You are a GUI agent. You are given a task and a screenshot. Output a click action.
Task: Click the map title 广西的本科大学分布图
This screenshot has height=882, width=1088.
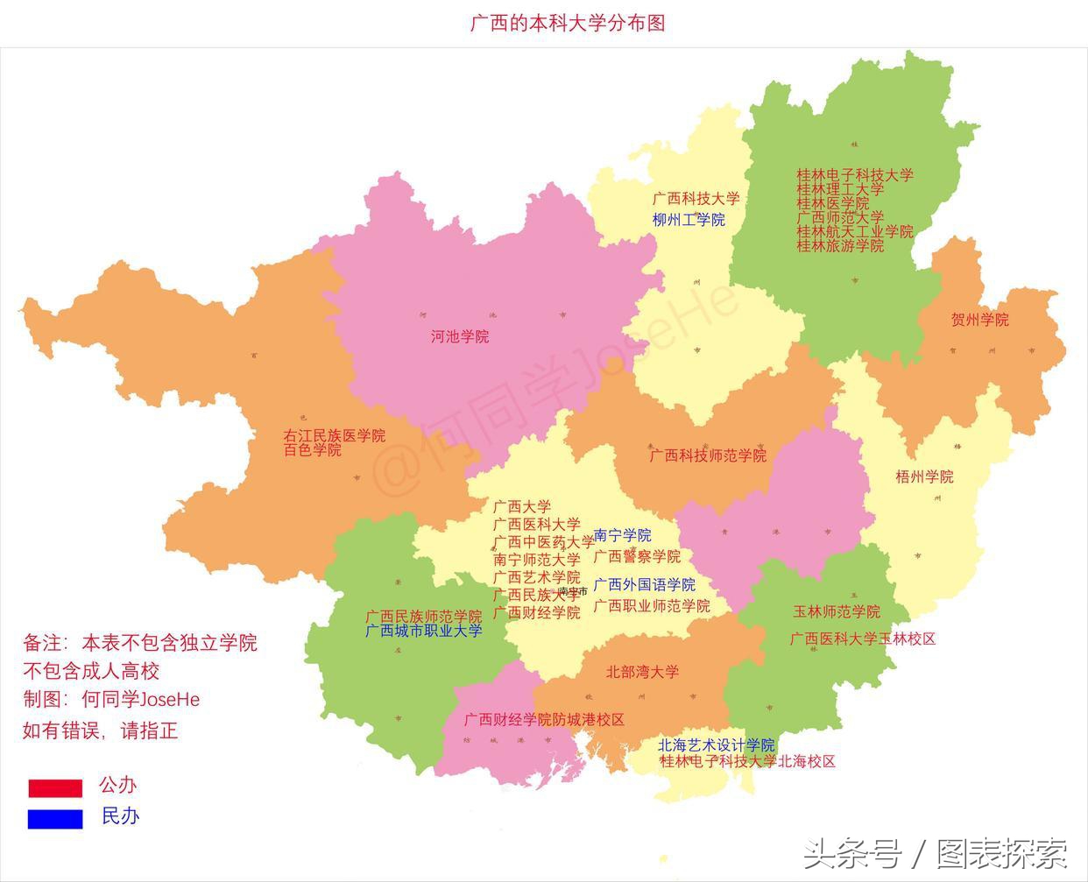coord(568,22)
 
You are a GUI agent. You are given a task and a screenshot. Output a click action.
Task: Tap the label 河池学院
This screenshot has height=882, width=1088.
coord(460,336)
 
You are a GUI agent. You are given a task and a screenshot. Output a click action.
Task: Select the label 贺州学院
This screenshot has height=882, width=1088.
coord(979,320)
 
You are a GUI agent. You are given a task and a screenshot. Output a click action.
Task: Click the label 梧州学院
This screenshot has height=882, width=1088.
coord(924,476)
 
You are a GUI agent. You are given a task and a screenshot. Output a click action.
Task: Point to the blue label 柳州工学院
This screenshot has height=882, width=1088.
coord(689,220)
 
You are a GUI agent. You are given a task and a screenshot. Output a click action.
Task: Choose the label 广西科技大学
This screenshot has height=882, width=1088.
coord(696,199)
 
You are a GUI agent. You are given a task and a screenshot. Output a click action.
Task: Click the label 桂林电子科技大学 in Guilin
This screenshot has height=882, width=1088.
coord(854,175)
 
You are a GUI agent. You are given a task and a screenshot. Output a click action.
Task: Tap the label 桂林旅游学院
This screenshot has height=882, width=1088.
coord(839,246)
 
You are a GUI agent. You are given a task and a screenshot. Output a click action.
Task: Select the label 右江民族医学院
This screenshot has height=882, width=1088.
coord(334,435)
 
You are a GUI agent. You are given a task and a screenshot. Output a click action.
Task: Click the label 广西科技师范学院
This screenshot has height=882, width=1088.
coord(708,455)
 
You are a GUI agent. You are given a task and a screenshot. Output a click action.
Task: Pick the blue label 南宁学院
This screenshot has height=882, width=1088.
coord(622,535)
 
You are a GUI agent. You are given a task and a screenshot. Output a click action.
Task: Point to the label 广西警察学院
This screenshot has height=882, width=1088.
coord(637,556)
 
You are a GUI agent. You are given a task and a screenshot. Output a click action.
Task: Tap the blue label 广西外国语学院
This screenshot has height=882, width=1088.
coord(644,584)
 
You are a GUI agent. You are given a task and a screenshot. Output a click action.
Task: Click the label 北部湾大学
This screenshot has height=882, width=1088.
coord(642,672)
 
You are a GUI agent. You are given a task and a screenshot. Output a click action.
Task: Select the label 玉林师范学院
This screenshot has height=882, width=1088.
coord(837,611)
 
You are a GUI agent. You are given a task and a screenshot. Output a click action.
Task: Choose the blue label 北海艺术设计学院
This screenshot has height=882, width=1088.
coord(716,745)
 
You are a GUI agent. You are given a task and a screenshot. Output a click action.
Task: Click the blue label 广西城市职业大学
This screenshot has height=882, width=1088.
coord(423,631)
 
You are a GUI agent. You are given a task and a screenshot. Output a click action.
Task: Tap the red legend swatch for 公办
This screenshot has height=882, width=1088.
coord(55,788)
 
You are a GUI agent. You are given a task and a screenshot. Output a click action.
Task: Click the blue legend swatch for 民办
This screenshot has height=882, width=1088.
coord(55,819)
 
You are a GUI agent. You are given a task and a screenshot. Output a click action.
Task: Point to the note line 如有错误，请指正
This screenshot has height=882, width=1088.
coord(100,730)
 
